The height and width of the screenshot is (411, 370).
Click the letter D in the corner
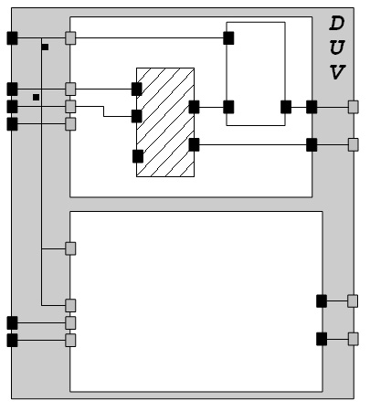tap(337, 24)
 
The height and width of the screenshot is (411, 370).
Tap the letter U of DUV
tap(337, 47)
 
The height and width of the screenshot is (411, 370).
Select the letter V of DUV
tap(337, 72)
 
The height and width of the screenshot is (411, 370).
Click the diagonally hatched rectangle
tap(165, 122)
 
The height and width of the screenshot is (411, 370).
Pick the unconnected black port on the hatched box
tap(138, 156)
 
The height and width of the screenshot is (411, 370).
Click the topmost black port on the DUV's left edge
tap(12, 38)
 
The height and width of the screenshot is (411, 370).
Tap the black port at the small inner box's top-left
tap(228, 38)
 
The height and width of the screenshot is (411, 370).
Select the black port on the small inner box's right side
tap(286, 107)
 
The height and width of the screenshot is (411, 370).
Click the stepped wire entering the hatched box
tap(103, 111)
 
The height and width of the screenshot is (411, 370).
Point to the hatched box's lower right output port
tap(194, 144)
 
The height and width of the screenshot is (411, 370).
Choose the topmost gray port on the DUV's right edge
tap(354, 107)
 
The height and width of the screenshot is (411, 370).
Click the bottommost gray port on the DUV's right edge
tap(354, 339)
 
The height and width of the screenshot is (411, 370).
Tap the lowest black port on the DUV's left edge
tap(12, 340)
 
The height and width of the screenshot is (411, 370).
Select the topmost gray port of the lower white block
tap(70, 248)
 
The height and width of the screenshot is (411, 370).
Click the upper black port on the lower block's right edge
tap(322, 301)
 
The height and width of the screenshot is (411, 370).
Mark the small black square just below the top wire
tap(45, 47)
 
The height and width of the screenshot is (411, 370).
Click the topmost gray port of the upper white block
tap(70, 38)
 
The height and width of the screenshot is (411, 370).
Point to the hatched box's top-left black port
tap(137, 89)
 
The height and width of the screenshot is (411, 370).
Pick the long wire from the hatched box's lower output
tap(253, 145)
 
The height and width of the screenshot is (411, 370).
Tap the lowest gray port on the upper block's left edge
tap(70, 124)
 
